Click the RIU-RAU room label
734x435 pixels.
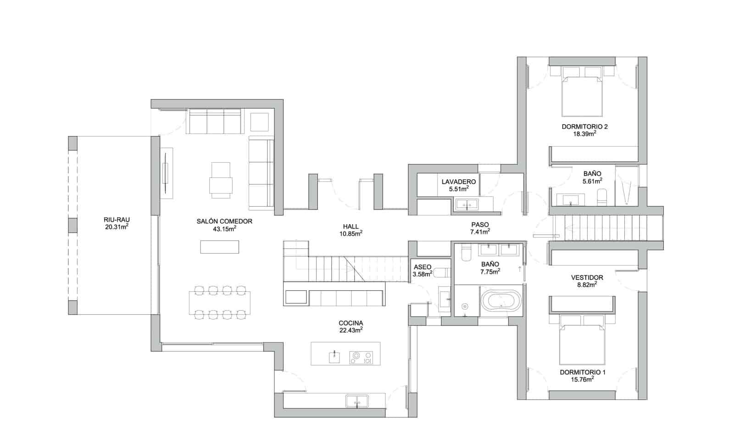(117, 220)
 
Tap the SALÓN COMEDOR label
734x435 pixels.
(224, 221)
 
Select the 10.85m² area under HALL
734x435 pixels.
(351, 233)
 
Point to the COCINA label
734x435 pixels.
(351, 323)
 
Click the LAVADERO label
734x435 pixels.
(458, 182)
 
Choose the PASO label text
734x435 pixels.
(480, 225)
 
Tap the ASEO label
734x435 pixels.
(423, 267)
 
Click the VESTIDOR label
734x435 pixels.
(587, 277)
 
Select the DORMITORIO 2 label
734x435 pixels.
(584, 127)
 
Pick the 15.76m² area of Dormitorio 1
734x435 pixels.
(583, 379)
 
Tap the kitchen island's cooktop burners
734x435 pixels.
(361, 357)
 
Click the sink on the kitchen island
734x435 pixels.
(334, 357)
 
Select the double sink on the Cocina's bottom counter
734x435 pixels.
(357, 401)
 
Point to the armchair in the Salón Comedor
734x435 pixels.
(221, 180)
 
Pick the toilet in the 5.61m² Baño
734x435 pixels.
(601, 197)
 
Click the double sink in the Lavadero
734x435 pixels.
(466, 204)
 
